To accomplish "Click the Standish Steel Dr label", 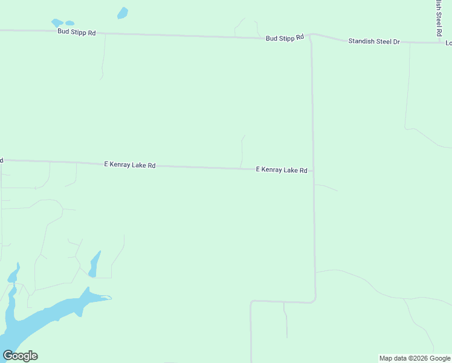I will click(x=374, y=41).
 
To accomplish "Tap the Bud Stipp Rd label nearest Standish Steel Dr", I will click(x=284, y=38).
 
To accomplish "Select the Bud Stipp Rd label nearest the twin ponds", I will click(x=77, y=32).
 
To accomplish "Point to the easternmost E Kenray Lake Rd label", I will click(x=282, y=170).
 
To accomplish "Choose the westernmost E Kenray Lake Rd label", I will click(x=130, y=165).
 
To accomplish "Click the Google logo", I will click(x=20, y=356).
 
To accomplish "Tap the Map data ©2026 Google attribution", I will click(x=415, y=358).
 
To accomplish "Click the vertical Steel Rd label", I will click(x=438, y=18).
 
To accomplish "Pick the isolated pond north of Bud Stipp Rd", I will click(x=123, y=13).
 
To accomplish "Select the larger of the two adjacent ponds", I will click(x=57, y=23).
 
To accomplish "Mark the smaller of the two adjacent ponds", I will click(x=69, y=24).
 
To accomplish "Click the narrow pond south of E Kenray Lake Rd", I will click(x=94, y=264).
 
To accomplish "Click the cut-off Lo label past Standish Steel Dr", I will click(x=448, y=43).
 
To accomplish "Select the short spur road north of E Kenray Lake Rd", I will click(x=242, y=151).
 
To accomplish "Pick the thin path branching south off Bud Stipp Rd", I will click(x=104, y=57).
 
